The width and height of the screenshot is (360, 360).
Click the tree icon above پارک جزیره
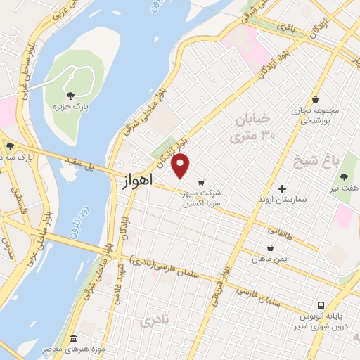[x=69, y=95]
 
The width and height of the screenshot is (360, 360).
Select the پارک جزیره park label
[x=70, y=106]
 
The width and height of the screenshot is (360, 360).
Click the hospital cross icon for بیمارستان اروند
[x=283, y=188]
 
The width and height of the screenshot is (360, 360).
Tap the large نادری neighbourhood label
[x=156, y=322]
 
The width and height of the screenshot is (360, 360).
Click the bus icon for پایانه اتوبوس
[x=320, y=306]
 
